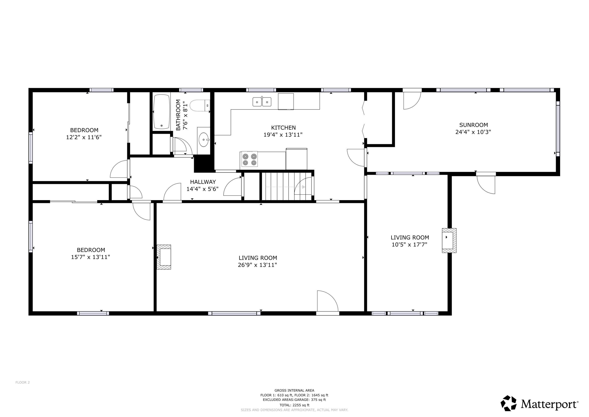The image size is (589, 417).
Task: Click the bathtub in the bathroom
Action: [161, 112]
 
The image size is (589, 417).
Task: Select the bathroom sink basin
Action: [204, 140]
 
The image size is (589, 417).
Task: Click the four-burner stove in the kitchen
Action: [249, 159]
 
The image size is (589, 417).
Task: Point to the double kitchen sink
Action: [262, 102]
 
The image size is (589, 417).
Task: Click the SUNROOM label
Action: [473, 125]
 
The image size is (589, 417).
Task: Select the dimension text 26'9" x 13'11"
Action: [257, 265]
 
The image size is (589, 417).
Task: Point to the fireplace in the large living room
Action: [164, 257]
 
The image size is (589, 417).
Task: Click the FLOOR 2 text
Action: [23, 382]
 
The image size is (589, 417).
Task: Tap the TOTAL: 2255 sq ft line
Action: [294, 405]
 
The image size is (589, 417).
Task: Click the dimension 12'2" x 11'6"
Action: [84, 137]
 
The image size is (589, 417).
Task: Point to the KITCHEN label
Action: [283, 127]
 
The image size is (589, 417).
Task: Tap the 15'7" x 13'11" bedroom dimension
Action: [90, 257]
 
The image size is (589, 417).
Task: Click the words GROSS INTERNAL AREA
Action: [294, 390]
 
